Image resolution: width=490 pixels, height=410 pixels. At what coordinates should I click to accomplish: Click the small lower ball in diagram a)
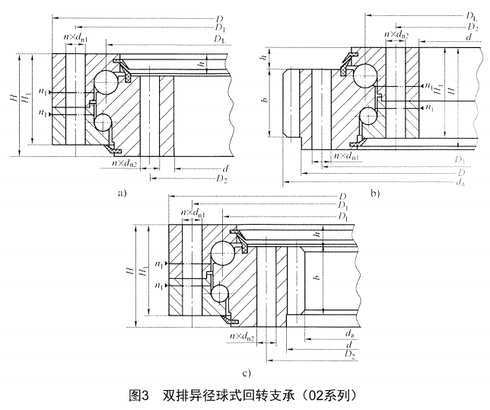[103, 122]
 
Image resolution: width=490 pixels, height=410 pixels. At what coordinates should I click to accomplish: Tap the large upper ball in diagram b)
[364, 76]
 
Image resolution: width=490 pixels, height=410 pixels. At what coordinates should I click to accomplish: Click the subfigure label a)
[122, 194]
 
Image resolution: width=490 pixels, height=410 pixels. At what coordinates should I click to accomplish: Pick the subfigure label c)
[246, 374]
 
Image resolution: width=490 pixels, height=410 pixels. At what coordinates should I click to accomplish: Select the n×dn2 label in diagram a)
[125, 162]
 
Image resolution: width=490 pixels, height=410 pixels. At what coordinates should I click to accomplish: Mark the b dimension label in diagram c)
[317, 279]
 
